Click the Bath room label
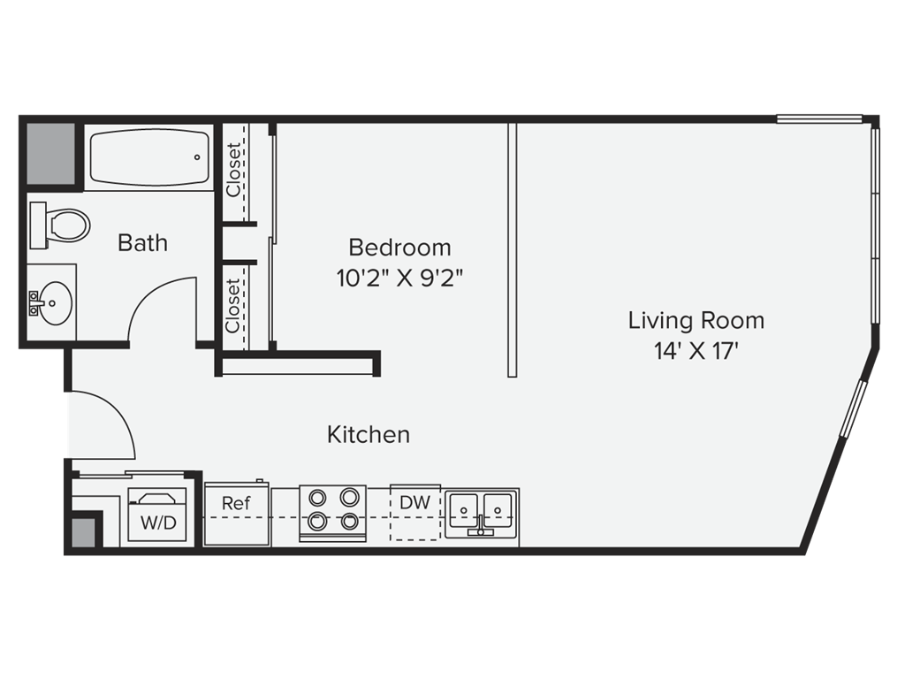point(142,243)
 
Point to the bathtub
point(150,157)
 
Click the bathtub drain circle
point(197,157)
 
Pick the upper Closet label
point(233,170)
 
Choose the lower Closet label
point(233,306)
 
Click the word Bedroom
point(400,248)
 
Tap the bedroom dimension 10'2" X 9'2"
point(400,278)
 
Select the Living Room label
point(696,320)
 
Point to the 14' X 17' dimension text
point(696,351)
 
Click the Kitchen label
point(369,435)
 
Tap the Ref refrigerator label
point(236,503)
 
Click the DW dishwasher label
point(415,502)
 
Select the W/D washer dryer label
point(158,523)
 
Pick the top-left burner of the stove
point(317,498)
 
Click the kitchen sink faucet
point(481,524)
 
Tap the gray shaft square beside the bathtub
point(50,154)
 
